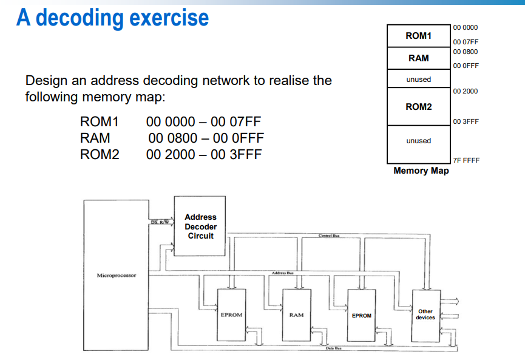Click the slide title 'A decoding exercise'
click(x=113, y=18)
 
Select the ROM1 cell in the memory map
click(x=418, y=36)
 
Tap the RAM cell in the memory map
click(x=418, y=58)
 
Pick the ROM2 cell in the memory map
click(x=418, y=107)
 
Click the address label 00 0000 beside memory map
click(x=465, y=27)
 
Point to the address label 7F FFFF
click(x=466, y=161)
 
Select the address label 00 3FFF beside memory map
click(x=466, y=121)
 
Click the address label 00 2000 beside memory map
click(x=465, y=91)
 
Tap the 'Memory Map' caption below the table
click(x=421, y=171)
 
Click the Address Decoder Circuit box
click(x=200, y=226)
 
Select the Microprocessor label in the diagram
click(x=117, y=276)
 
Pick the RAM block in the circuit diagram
click(x=296, y=315)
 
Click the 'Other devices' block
click(x=425, y=314)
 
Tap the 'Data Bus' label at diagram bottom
click(x=333, y=348)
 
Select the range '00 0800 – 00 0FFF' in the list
click(x=206, y=138)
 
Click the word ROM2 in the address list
click(x=100, y=154)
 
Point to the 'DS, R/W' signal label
click(x=160, y=222)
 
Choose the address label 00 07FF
click(x=465, y=42)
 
